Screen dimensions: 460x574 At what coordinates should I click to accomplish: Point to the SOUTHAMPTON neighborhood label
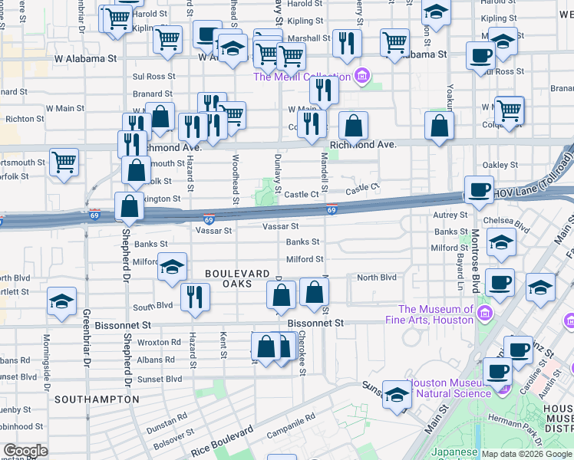coord(97,399)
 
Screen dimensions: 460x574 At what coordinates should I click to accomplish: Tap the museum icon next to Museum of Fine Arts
coord(484,313)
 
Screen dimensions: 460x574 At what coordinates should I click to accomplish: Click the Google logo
coord(25,450)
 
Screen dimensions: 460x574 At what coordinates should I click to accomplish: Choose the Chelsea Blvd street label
coord(513,228)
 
